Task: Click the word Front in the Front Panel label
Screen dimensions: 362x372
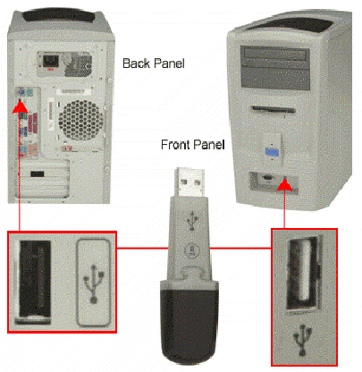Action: point(175,145)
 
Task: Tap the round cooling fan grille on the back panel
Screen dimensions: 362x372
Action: point(80,120)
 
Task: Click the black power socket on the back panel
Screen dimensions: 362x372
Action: point(50,61)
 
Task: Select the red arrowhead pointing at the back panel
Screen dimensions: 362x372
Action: point(21,106)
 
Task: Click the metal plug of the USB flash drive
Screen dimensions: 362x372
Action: point(190,182)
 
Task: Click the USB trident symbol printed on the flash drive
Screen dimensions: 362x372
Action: point(192,221)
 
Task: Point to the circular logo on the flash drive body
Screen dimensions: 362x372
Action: point(190,250)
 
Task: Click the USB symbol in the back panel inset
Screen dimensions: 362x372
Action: point(94,283)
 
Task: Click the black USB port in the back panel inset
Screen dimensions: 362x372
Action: point(35,279)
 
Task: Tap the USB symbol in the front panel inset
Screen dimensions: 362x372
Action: point(303,341)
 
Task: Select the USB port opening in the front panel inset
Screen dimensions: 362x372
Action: point(302,274)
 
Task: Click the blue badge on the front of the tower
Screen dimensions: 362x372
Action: point(272,152)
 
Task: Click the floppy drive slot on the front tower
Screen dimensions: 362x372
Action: point(274,109)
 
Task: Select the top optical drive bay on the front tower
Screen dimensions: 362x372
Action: point(275,55)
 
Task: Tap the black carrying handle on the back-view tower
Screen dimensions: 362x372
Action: point(62,15)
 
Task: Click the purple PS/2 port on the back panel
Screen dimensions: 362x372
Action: point(22,92)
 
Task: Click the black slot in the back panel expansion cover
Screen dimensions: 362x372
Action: point(38,174)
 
